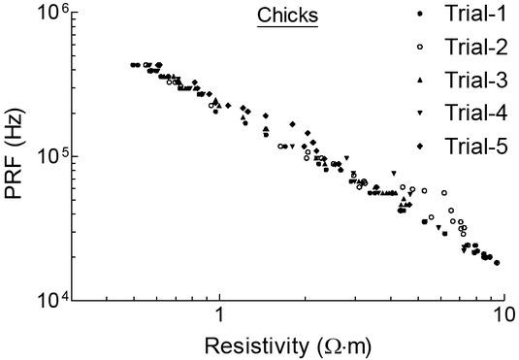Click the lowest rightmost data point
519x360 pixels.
point(497,263)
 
